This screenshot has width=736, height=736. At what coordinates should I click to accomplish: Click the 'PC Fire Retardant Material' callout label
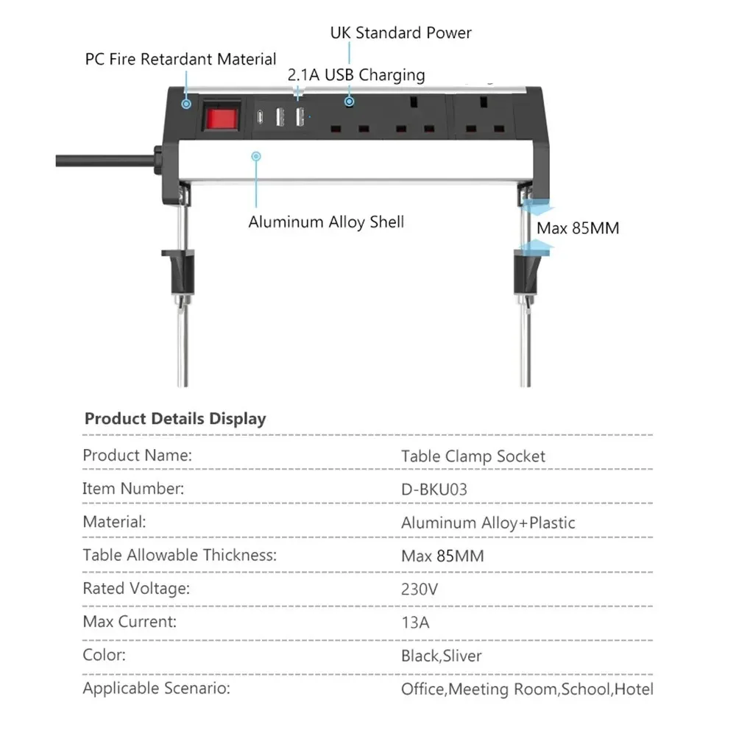(181, 59)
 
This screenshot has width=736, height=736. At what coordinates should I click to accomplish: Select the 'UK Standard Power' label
(400, 33)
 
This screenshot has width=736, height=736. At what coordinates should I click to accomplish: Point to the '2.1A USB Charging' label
(355, 75)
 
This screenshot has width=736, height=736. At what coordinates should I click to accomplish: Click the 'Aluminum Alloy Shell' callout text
(326, 222)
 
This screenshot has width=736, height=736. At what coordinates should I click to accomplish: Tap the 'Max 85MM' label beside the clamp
(578, 228)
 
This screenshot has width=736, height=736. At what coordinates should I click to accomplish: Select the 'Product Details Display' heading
(175, 419)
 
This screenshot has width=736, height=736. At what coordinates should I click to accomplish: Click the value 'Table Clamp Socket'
(473, 456)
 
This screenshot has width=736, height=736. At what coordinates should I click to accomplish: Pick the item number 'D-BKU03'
(434, 489)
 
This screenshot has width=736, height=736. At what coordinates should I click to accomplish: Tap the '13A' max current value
(415, 623)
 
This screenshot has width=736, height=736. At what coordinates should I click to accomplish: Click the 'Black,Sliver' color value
(442, 656)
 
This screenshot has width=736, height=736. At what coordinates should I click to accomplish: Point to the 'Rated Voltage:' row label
(136, 589)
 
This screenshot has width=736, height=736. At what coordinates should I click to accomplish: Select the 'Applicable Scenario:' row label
(157, 689)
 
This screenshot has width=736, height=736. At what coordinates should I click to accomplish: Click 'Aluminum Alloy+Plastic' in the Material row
(488, 523)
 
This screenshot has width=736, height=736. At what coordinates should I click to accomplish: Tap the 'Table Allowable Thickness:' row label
(180, 555)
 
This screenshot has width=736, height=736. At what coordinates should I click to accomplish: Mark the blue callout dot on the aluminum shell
(256, 156)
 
